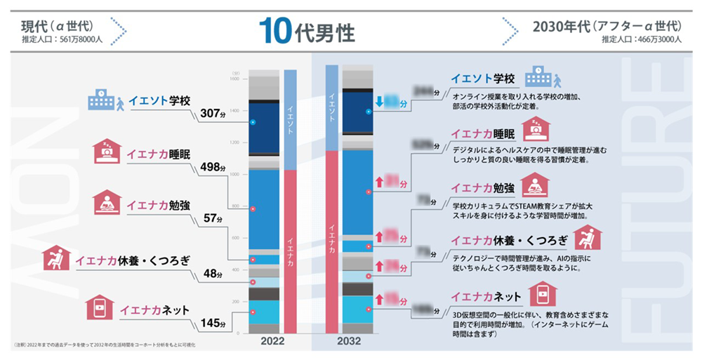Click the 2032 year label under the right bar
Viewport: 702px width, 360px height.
coord(349,342)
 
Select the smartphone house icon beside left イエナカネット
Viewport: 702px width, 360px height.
coord(100,307)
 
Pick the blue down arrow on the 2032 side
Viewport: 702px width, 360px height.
coord(379,102)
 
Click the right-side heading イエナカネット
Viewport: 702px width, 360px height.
coord(486,295)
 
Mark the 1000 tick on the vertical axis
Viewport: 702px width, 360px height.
coord(234,174)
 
